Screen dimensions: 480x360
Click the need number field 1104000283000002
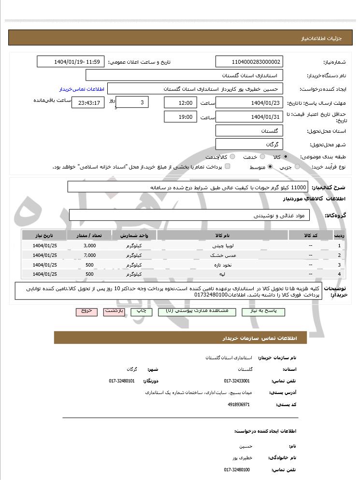coord(249,62)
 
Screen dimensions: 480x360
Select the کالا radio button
coord(286,157)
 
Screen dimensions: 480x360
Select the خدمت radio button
coord(261,157)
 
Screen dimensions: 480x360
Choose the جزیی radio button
coord(297,167)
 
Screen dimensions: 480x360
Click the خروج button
coord(86,312)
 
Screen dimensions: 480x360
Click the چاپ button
coord(142,312)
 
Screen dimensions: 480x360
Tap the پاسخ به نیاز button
coord(266,312)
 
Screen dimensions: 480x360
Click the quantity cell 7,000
coord(89,255)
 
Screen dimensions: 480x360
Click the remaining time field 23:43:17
coord(87,103)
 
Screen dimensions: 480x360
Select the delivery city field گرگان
coord(249,144)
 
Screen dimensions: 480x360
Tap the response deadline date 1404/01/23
coord(249,103)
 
